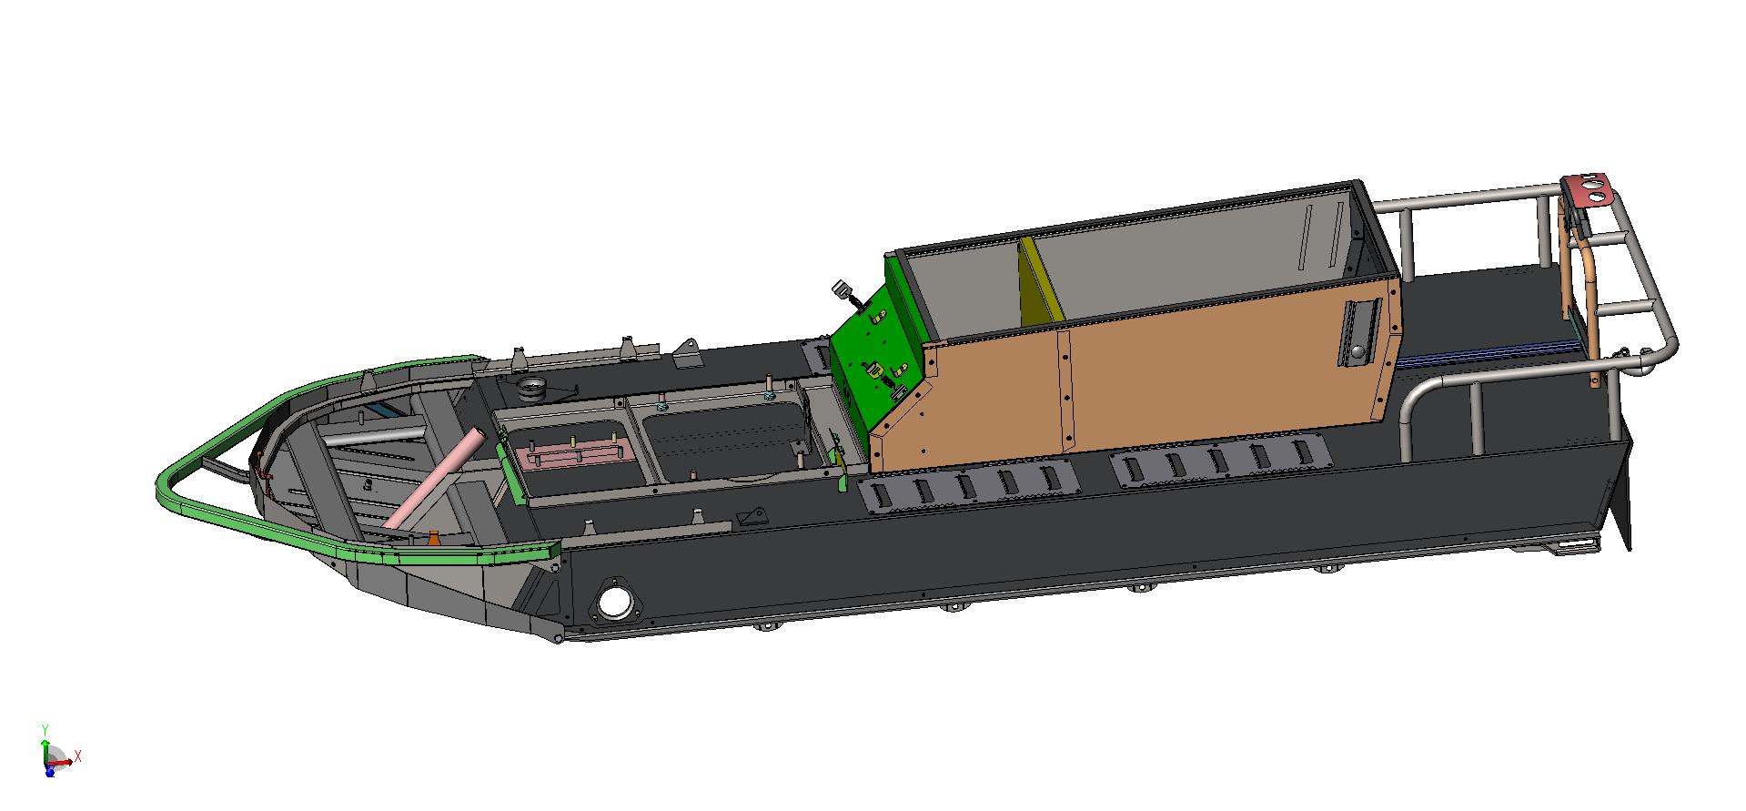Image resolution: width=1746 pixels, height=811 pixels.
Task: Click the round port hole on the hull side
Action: tap(616, 602)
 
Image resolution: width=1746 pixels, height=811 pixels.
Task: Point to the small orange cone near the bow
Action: tap(434, 538)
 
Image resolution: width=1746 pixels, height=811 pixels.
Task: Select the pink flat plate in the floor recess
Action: tap(570, 452)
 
